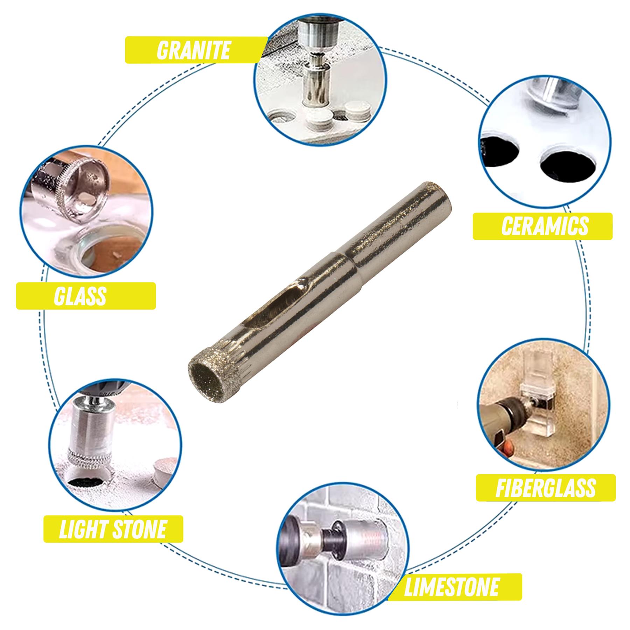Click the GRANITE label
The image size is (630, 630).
coord(193,50)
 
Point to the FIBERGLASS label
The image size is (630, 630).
coord(545,488)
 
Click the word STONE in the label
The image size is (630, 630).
coord(140,529)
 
